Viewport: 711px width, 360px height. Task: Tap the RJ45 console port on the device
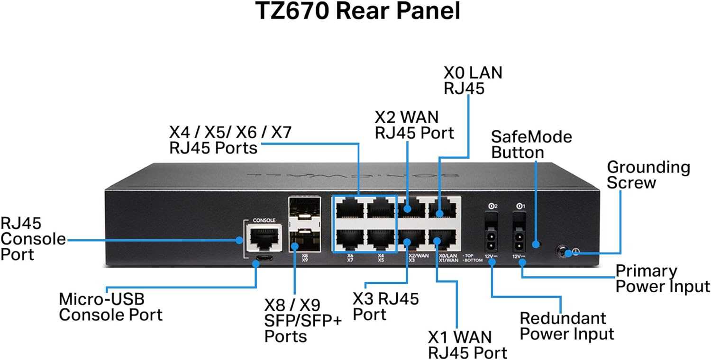[x=262, y=239]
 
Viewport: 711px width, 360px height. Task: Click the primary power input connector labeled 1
[x=520, y=241]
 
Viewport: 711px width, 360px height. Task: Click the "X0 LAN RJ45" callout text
[x=473, y=80]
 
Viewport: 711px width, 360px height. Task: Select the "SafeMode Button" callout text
[x=531, y=144]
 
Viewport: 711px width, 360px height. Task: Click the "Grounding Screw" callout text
[x=648, y=175]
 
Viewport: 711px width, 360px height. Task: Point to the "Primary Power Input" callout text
[x=662, y=279]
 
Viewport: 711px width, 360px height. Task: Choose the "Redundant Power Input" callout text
[x=566, y=325]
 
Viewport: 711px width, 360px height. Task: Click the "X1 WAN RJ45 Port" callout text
[x=467, y=344]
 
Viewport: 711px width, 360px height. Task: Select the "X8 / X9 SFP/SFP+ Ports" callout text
[x=302, y=320]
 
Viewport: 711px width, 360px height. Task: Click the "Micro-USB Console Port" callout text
[x=110, y=307]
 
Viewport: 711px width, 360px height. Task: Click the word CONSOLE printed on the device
[x=264, y=220]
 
